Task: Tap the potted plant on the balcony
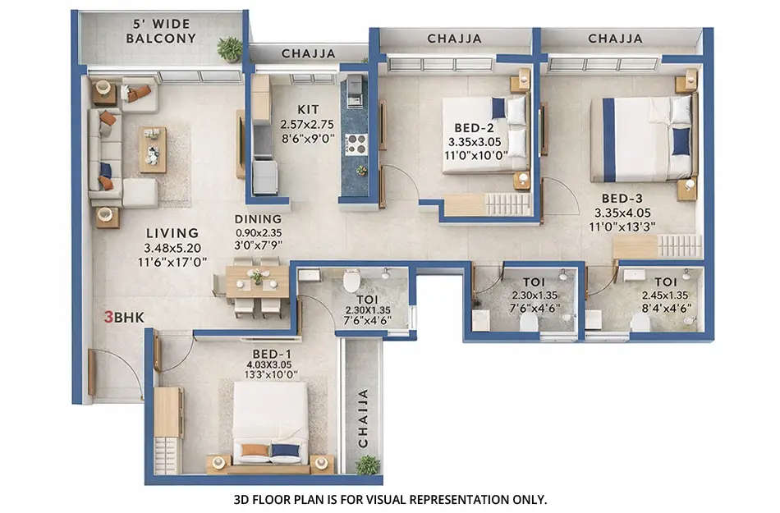coord(230,48)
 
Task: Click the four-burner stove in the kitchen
coord(356,144)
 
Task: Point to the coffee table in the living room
coord(152,149)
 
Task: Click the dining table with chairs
coord(257,281)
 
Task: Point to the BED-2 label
coord(474,127)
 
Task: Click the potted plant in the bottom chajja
coord(367,465)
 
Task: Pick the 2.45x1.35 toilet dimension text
coord(666,295)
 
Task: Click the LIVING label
coord(172,233)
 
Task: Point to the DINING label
coord(258,219)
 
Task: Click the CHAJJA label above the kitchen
coord(308,53)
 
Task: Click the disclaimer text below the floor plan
coord(390,498)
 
